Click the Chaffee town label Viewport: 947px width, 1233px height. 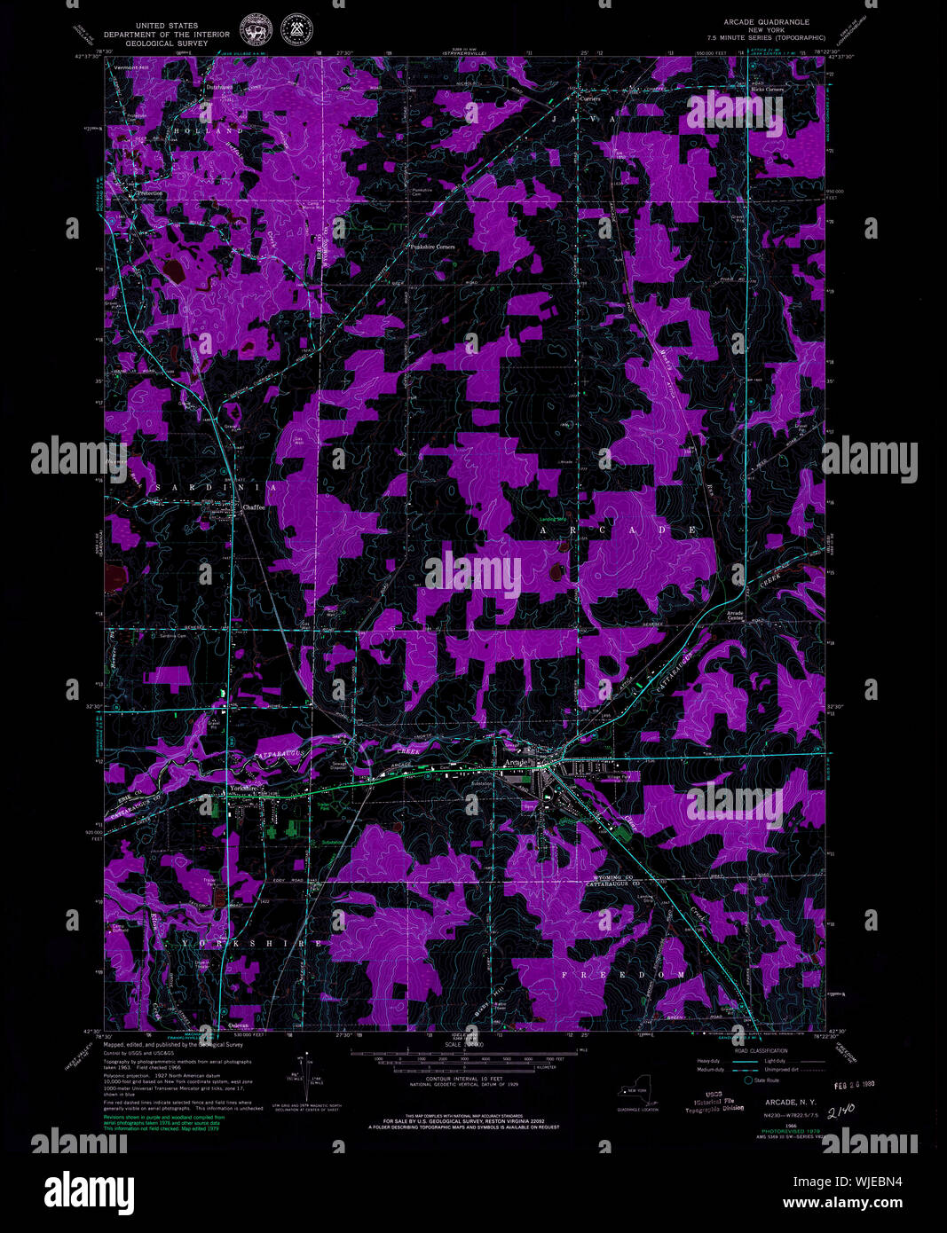pyautogui.click(x=255, y=508)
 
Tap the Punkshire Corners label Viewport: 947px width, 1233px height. pyautogui.click(x=432, y=247)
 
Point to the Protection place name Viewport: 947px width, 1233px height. pyautogui.click(x=149, y=192)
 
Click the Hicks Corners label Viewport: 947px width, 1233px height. pyautogui.click(x=767, y=90)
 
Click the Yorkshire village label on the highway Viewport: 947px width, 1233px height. pyautogui.click(x=242, y=788)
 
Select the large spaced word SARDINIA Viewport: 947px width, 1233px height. pyautogui.click(x=217, y=488)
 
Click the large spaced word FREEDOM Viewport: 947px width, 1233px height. pyautogui.click(x=623, y=975)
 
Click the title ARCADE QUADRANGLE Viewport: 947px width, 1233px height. pyautogui.click(x=766, y=22)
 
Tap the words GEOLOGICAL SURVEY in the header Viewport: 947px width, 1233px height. pyautogui.click(x=166, y=43)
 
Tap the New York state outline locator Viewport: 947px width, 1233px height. pyautogui.click(x=639, y=1096)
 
